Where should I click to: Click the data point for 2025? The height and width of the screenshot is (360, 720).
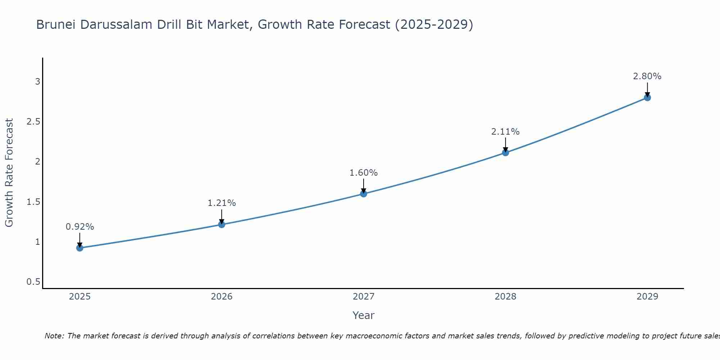pyautogui.click(x=80, y=248)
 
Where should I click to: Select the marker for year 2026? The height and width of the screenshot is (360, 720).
pyautogui.click(x=222, y=225)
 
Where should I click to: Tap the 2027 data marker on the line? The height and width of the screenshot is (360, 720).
pyautogui.click(x=364, y=194)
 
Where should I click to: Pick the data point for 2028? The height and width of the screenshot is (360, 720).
pyautogui.click(x=505, y=153)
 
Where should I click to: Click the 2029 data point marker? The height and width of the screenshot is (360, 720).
pyautogui.click(x=647, y=98)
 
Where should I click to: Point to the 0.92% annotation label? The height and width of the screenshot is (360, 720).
pyautogui.click(x=80, y=227)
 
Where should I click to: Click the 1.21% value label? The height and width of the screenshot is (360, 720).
pyautogui.click(x=222, y=203)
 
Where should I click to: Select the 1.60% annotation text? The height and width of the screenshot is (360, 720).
pyautogui.click(x=364, y=173)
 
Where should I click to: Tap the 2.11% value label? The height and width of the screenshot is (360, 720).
pyautogui.click(x=505, y=132)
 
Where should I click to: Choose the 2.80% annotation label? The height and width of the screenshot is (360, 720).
pyautogui.click(x=647, y=76)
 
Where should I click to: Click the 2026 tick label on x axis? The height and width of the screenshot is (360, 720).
pyautogui.click(x=222, y=297)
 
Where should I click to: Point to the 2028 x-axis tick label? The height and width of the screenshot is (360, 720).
pyautogui.click(x=505, y=297)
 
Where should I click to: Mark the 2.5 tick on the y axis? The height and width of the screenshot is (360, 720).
pyautogui.click(x=33, y=122)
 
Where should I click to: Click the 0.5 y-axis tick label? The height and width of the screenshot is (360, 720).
pyautogui.click(x=33, y=282)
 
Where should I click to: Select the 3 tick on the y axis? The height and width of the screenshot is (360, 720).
pyautogui.click(x=37, y=82)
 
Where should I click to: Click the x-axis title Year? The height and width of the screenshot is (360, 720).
pyautogui.click(x=364, y=315)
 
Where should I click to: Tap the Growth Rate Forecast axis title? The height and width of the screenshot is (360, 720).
pyautogui.click(x=9, y=173)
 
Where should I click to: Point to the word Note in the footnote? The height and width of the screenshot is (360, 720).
pyautogui.click(x=54, y=336)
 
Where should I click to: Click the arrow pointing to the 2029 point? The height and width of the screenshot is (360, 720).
pyautogui.click(x=647, y=89)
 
